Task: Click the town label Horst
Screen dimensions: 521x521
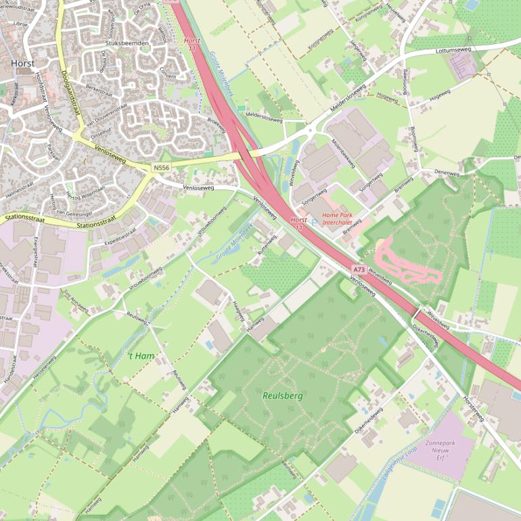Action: [x=22, y=63]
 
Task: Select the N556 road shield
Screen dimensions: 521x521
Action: [x=162, y=167]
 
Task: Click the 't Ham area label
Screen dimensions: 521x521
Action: [x=141, y=356]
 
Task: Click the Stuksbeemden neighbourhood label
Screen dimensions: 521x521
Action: [x=127, y=43]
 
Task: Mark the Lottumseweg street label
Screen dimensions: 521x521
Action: [x=453, y=49]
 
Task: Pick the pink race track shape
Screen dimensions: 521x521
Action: [x=406, y=264]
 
